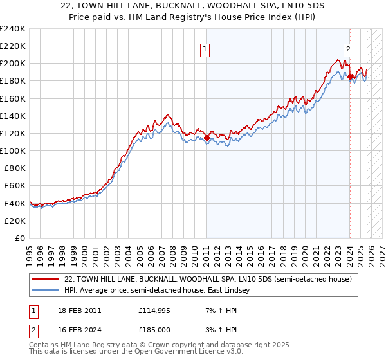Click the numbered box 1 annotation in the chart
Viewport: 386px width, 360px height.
coord(205,48)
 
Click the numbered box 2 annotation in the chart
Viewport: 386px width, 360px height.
coord(348,48)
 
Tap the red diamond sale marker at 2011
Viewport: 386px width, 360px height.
coord(207,138)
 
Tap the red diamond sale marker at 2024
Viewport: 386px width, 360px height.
coord(350,77)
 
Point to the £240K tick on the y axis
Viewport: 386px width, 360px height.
coord(13,29)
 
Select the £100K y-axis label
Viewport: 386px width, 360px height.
coord(13,150)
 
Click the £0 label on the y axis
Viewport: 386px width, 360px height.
coord(19,238)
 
